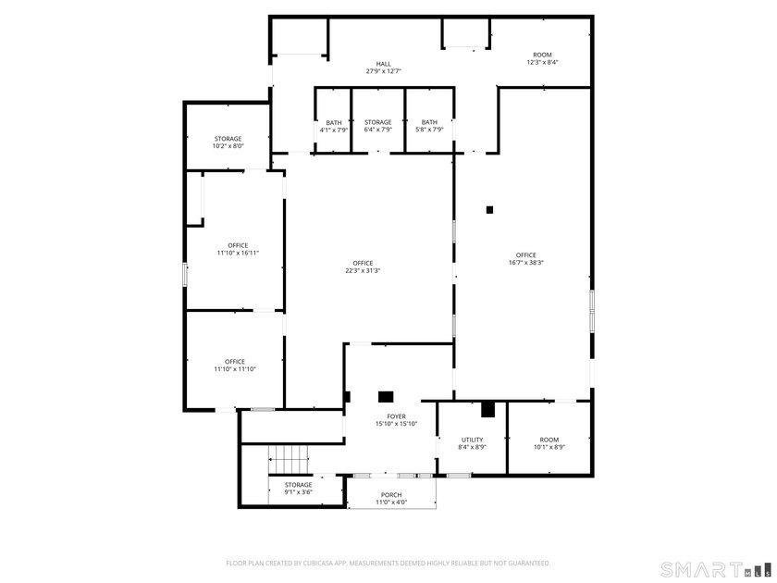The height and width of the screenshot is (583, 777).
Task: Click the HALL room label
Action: (383, 64)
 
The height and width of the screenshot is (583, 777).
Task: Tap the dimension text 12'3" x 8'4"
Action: (543, 63)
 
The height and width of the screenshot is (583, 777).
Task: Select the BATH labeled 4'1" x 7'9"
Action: (334, 123)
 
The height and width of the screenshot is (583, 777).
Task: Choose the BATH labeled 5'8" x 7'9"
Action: (429, 123)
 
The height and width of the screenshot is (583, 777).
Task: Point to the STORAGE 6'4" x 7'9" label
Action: (377, 123)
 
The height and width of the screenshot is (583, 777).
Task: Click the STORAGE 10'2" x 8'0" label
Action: (228, 139)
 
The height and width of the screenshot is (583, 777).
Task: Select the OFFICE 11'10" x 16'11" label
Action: (238, 246)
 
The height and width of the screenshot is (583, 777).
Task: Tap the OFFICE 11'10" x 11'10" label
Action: (234, 362)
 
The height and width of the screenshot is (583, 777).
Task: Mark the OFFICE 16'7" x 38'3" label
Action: (526, 255)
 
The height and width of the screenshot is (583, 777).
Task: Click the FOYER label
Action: (397, 417)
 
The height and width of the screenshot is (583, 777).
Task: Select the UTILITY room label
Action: (473, 440)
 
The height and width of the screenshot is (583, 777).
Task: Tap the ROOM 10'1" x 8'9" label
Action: (549, 440)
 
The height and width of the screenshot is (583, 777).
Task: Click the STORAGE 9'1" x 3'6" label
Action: (298, 485)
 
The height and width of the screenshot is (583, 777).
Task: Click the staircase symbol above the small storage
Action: (290, 457)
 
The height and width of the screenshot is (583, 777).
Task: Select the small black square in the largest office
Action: (490, 209)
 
